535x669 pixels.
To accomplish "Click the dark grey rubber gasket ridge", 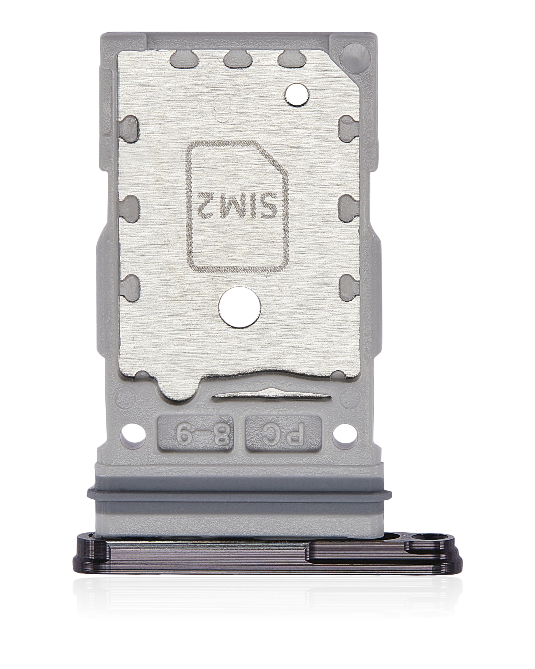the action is click(x=239, y=492).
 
